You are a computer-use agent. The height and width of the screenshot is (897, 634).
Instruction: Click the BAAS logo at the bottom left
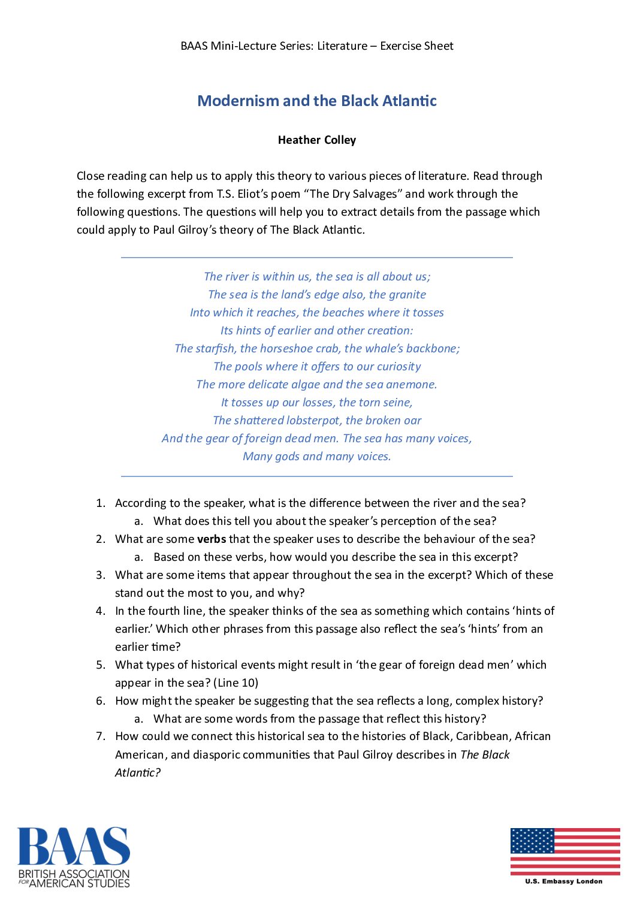coord(73,857)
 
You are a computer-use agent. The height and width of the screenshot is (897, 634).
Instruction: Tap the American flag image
coord(565,851)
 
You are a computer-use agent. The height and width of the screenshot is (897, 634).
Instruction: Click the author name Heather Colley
coord(317,140)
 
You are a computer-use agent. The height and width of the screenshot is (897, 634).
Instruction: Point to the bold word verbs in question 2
coord(212,539)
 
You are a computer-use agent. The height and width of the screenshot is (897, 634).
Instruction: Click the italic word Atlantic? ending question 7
coord(138,772)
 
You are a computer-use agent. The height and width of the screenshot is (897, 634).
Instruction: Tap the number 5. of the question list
coord(101,665)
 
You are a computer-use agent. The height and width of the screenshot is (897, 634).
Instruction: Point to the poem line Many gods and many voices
coord(317,456)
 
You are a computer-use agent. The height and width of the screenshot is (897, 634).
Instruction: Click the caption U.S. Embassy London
coord(564,881)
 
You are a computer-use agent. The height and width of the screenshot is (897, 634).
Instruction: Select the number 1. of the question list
coord(101,503)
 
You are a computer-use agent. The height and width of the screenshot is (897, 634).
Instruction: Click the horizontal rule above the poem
coord(317,258)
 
